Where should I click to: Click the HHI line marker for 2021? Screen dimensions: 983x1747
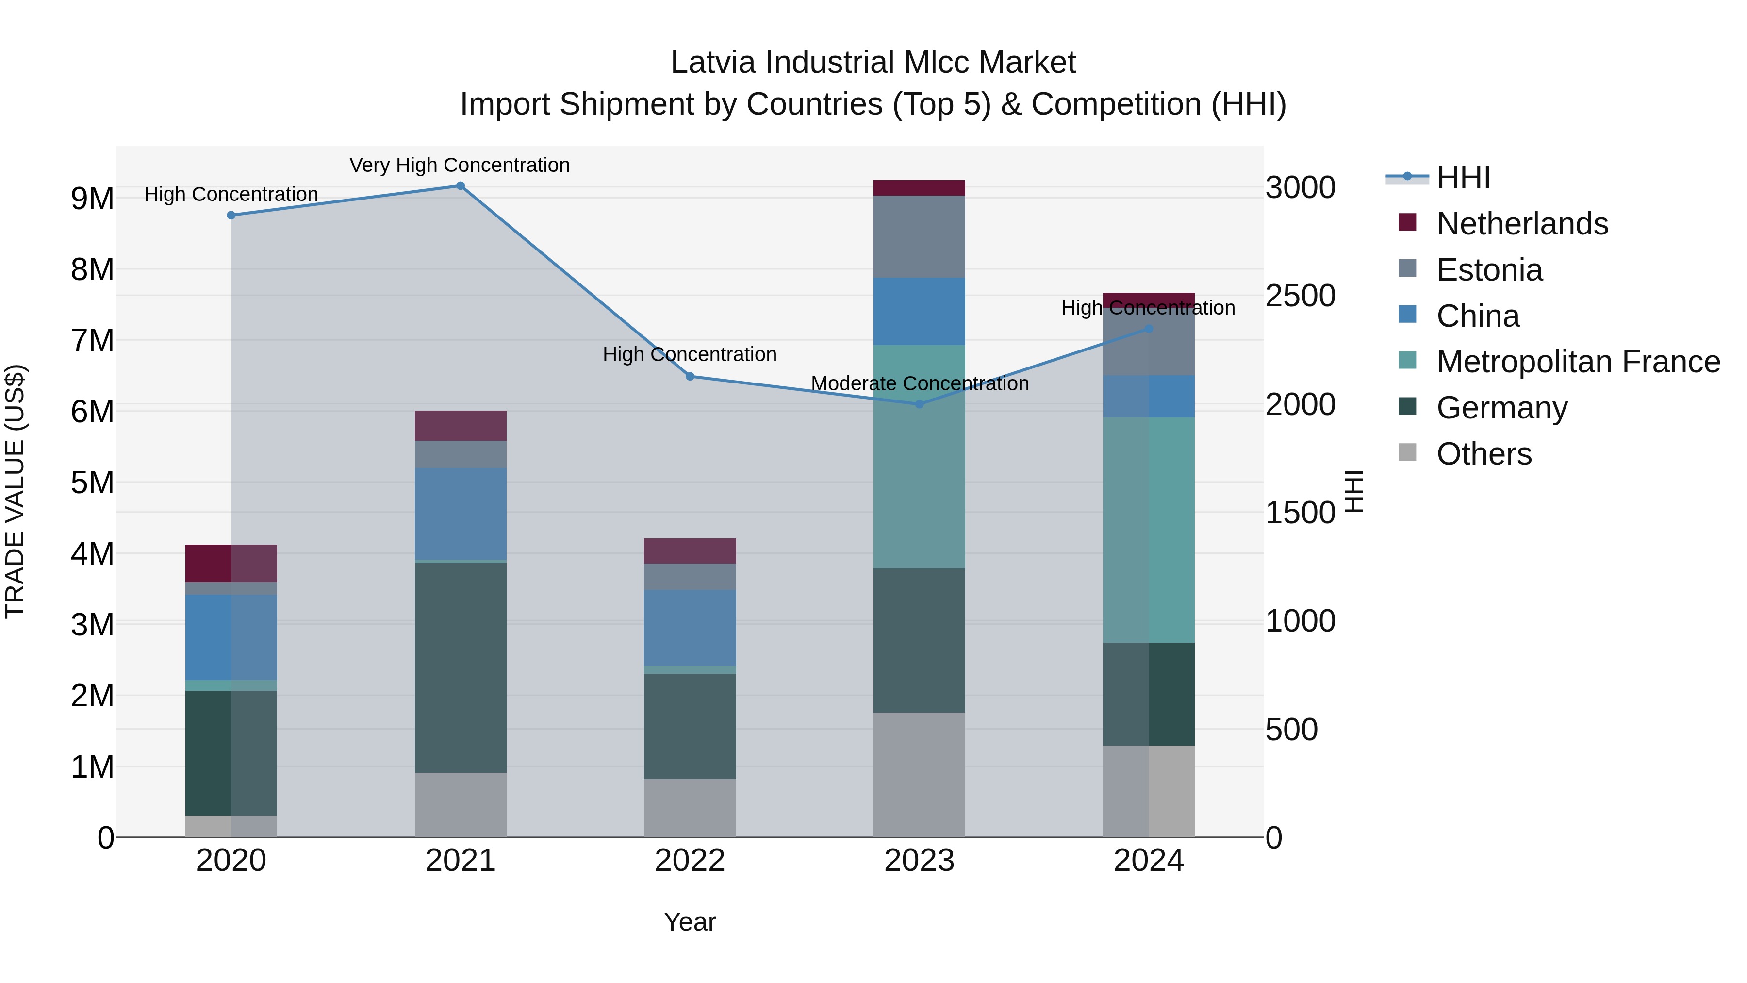tap(461, 186)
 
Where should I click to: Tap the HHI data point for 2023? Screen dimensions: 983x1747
tap(920, 404)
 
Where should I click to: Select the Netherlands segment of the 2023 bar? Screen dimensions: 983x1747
tap(919, 188)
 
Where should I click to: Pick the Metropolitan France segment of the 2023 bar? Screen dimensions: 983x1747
tap(919, 457)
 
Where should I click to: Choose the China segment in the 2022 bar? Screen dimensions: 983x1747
tap(690, 628)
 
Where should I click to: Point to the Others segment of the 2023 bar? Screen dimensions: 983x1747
tap(919, 775)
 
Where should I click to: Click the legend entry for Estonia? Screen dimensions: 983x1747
tap(1489, 270)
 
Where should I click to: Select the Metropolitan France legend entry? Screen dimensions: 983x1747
tap(1578, 362)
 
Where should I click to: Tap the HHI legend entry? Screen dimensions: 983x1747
tap(1463, 178)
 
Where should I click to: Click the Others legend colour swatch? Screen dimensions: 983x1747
tap(1407, 452)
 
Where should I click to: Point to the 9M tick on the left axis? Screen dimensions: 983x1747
tap(92, 199)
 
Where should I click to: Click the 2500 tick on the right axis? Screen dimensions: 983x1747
tap(1300, 296)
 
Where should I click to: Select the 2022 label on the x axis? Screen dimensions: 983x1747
tap(690, 861)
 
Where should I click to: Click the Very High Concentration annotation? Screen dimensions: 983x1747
tap(460, 166)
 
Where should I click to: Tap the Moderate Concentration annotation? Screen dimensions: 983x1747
tap(920, 384)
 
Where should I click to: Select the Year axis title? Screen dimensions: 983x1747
tap(690, 922)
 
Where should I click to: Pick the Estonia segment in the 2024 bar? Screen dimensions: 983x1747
tap(1148, 342)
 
